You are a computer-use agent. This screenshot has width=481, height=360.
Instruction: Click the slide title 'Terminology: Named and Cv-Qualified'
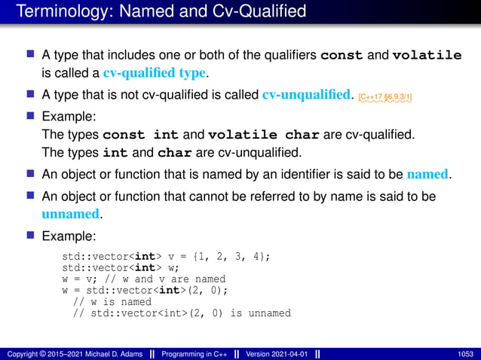pyautogui.click(x=161, y=11)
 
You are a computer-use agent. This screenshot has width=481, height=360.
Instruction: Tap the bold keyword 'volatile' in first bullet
pyautogui.click(x=428, y=55)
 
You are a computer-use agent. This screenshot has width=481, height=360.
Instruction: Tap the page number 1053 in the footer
pyautogui.click(x=464, y=353)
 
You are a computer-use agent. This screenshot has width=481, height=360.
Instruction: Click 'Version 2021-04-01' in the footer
pyautogui.click(x=275, y=353)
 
